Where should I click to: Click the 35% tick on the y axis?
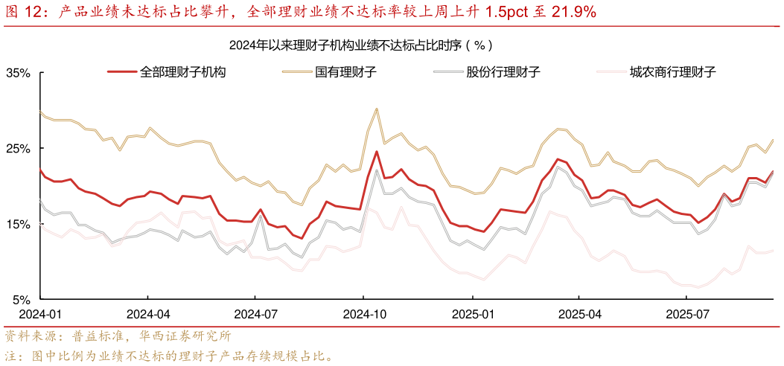[18, 73]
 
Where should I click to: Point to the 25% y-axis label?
[18, 149]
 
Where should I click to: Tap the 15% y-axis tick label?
[18, 225]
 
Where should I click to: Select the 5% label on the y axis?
[21, 300]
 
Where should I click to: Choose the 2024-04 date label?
[147, 315]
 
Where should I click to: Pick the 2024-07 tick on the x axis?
[257, 315]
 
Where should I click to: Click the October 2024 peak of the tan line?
[377, 109]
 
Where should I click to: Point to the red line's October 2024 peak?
[377, 152]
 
